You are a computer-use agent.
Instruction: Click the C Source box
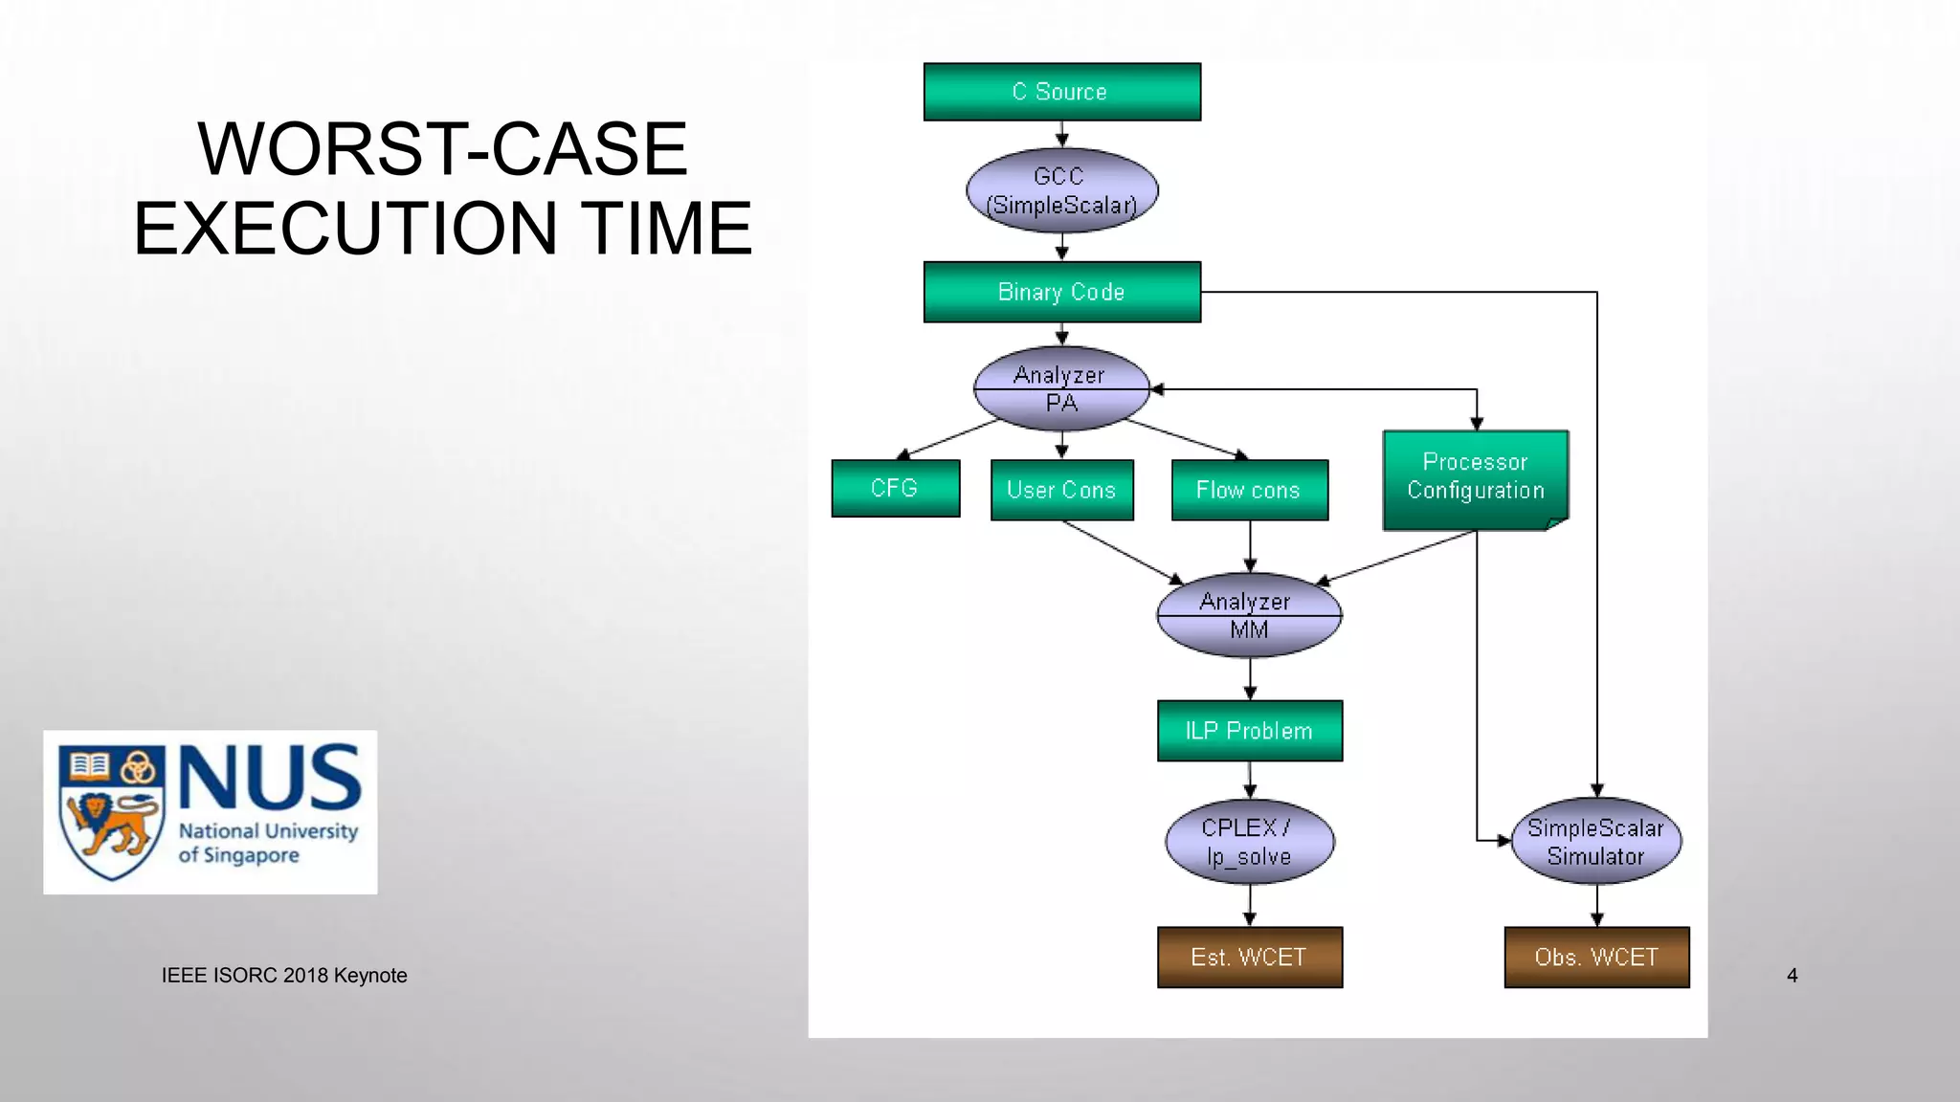1061,92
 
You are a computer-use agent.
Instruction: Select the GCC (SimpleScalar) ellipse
1061,190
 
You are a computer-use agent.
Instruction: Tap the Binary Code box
1061,292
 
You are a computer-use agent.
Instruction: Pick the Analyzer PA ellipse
1061,389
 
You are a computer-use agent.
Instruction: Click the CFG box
895,488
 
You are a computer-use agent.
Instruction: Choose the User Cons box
1061,490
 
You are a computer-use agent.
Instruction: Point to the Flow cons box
1249,490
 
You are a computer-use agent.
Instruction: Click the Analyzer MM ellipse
1249,615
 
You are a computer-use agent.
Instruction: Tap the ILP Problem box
1249,731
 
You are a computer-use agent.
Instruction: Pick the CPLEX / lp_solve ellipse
1249,842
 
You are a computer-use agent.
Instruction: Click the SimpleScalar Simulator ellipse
1595,842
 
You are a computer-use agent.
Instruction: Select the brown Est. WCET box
1249,957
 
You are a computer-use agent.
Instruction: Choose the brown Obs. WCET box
1596,957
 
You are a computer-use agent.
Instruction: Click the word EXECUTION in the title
345,229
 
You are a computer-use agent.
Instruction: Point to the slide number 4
1792,976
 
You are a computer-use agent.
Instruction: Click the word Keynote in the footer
370,976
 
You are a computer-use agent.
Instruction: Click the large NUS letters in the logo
269,777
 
